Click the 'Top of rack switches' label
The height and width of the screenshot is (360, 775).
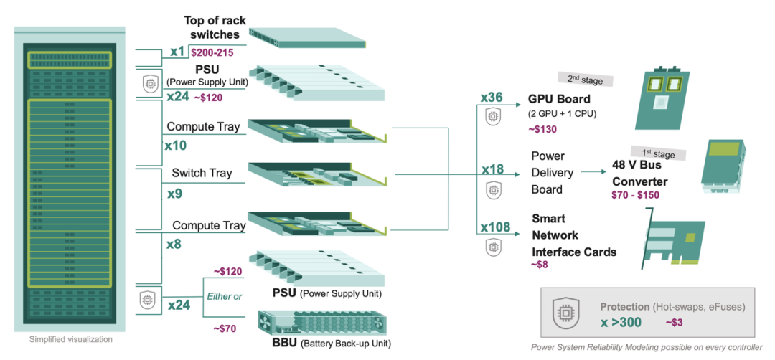point(212,27)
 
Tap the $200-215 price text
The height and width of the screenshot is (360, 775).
point(212,53)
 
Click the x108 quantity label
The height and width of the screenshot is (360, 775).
point(494,228)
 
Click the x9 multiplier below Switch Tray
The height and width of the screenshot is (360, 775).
point(174,194)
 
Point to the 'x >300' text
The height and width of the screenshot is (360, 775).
point(621,322)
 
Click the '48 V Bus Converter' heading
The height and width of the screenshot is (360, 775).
point(640,173)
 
